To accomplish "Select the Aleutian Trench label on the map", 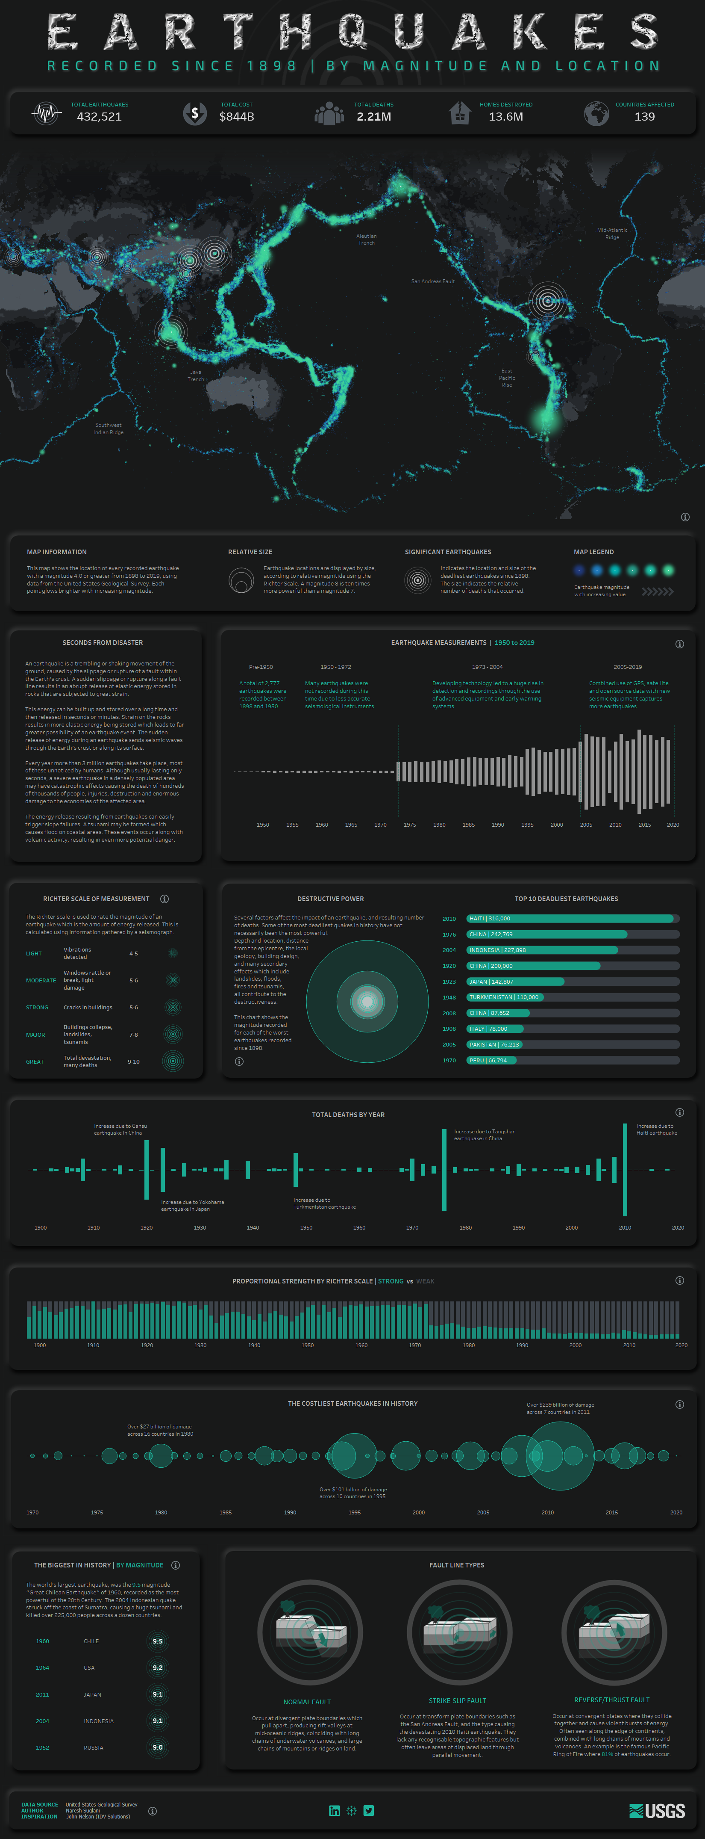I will click(x=366, y=239).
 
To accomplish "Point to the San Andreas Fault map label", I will click(x=432, y=281).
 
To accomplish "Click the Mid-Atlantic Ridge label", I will click(x=611, y=234).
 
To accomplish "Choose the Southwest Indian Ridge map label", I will click(x=109, y=429).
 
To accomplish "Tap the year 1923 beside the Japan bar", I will click(x=449, y=982).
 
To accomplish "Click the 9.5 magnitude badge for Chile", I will click(x=158, y=1641).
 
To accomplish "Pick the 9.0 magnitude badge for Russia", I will click(x=158, y=1747).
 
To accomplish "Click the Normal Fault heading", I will click(x=307, y=1702).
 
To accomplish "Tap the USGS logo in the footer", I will click(x=657, y=1811).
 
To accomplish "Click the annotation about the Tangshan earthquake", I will click(x=485, y=1135).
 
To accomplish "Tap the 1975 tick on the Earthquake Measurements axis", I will click(x=410, y=825).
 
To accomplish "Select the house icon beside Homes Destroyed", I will click(x=460, y=113).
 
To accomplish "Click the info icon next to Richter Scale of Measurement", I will click(x=164, y=899).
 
